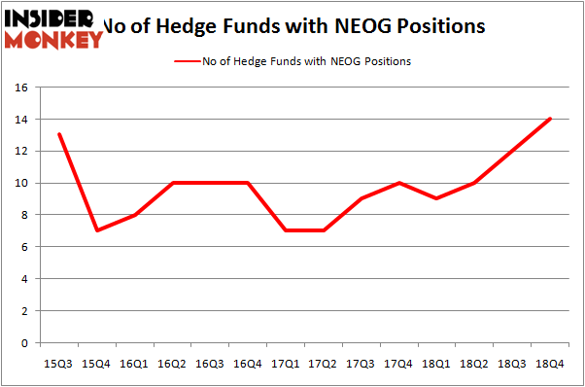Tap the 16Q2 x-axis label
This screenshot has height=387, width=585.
[172, 365]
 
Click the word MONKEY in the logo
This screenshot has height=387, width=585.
[54, 40]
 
